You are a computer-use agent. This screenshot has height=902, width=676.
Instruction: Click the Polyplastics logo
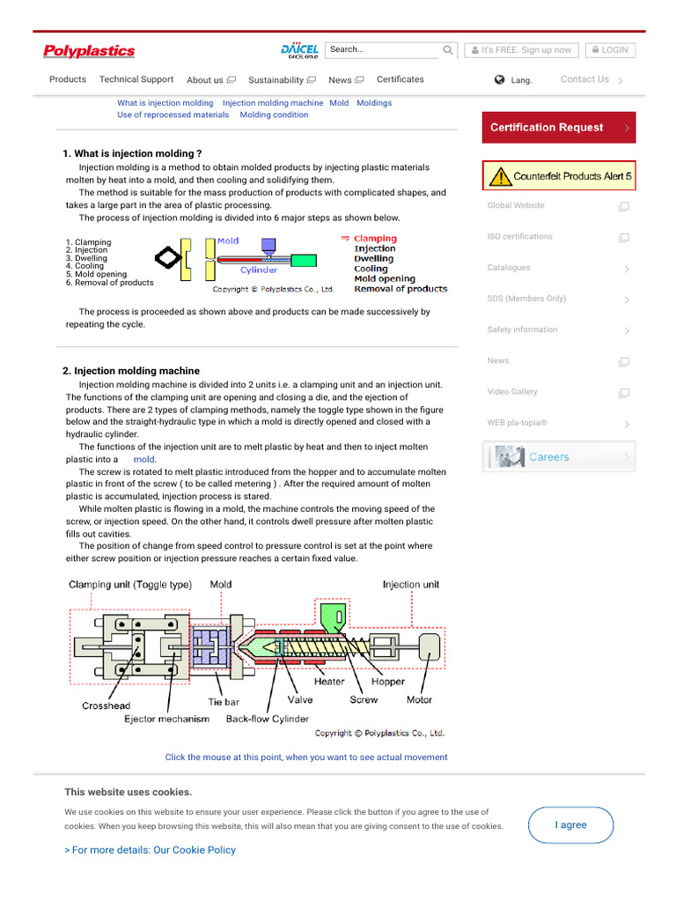(x=89, y=51)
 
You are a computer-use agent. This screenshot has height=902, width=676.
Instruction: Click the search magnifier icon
(x=448, y=50)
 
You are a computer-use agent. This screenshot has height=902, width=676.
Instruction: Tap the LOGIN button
(x=610, y=50)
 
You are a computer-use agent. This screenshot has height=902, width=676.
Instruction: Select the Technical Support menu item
(x=136, y=79)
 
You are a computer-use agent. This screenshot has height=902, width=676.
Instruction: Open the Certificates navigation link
(x=400, y=79)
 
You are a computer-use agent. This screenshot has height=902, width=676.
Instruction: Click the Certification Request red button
(x=558, y=128)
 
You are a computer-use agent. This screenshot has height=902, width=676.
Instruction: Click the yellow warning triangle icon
(x=500, y=176)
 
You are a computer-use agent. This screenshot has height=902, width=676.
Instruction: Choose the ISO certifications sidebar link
(x=520, y=237)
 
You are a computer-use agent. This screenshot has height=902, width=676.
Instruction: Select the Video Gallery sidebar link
(x=512, y=392)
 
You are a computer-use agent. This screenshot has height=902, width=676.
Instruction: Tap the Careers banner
(x=558, y=457)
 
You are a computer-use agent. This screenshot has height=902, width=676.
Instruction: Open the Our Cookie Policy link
(x=150, y=850)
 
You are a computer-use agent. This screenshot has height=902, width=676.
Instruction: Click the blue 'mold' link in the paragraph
(x=143, y=460)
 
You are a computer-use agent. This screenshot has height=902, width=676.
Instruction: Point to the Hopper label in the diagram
(x=387, y=682)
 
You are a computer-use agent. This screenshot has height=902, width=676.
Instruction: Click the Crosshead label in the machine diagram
(x=106, y=706)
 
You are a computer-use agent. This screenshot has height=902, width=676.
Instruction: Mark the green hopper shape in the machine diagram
(x=331, y=615)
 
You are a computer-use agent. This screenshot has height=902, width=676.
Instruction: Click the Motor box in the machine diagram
(x=430, y=647)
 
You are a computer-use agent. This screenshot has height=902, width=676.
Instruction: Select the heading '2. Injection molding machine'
(x=131, y=371)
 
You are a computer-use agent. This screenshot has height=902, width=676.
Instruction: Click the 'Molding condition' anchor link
(x=274, y=115)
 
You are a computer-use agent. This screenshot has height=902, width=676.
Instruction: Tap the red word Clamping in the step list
(x=375, y=239)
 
